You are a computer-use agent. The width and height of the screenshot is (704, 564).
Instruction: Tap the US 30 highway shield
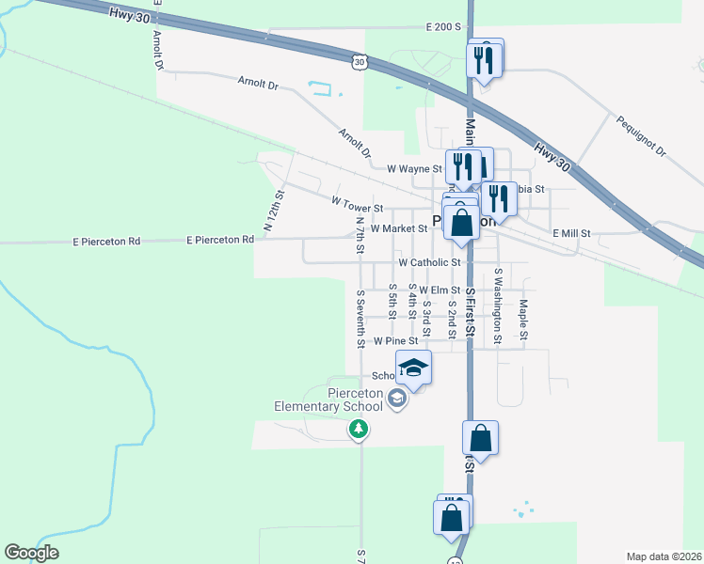[x=359, y=61]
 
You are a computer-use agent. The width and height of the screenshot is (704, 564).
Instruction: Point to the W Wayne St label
[x=414, y=169]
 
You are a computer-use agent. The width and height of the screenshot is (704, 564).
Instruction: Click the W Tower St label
[x=357, y=208]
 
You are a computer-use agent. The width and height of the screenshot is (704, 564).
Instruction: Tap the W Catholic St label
[x=428, y=263]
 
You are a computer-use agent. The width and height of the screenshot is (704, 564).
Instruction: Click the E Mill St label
[x=570, y=233]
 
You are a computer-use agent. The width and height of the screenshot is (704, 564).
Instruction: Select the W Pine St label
[x=394, y=341]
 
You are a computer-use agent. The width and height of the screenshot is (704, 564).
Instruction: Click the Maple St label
[x=523, y=320]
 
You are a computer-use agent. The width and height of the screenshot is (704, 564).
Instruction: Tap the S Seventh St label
[x=360, y=319]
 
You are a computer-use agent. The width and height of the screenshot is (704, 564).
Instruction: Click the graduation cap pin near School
[x=413, y=368]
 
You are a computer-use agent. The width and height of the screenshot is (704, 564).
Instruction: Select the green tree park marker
[x=358, y=430]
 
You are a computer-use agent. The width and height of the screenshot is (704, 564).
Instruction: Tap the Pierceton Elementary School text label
[x=328, y=399]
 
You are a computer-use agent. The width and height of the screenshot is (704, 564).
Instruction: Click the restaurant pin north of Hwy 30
[x=485, y=60]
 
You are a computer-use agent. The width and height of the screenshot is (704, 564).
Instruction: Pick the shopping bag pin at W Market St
[x=461, y=225]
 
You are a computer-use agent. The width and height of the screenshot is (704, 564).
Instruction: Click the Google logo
[x=32, y=553]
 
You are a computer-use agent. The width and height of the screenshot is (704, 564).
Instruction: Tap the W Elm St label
[x=440, y=290]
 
